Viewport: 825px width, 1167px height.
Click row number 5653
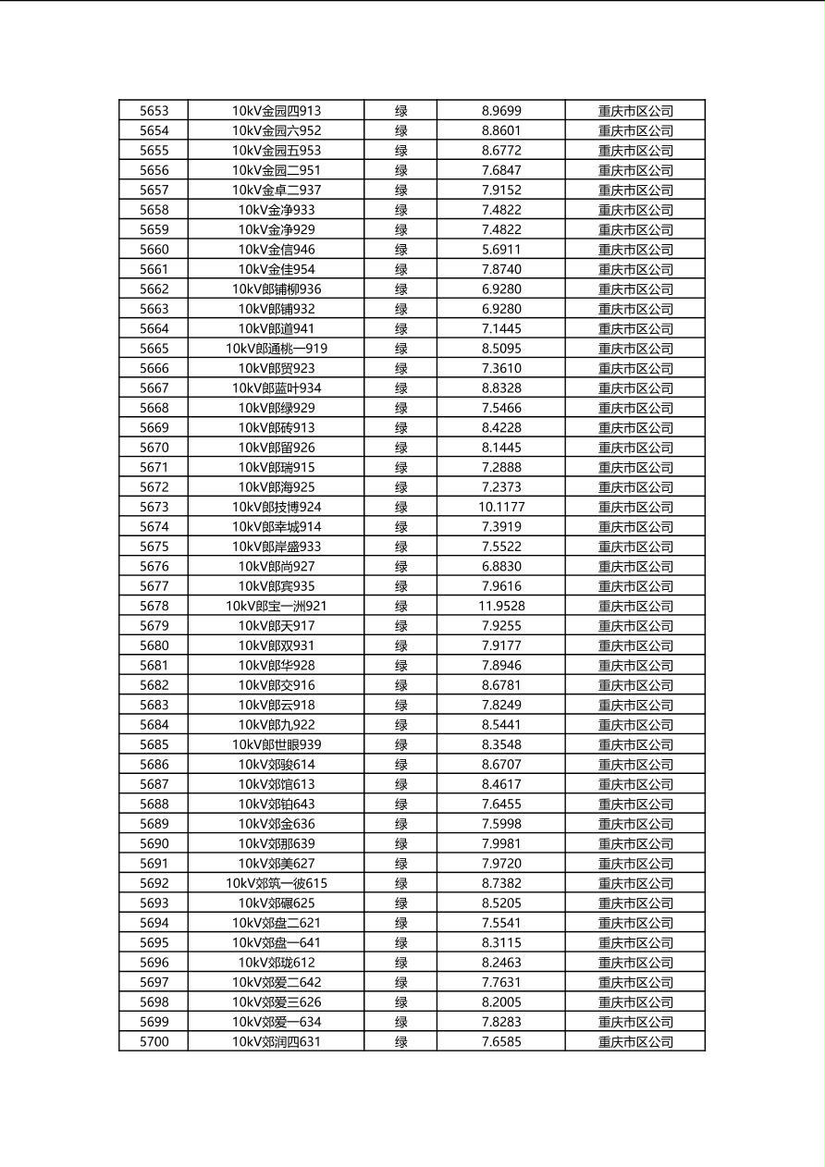(154, 111)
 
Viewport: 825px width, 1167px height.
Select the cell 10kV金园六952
(276, 130)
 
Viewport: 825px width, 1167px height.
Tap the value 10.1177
(501, 507)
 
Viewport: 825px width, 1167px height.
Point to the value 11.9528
(501, 606)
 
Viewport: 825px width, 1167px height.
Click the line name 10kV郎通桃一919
(276, 349)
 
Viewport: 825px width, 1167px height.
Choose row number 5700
(154, 1042)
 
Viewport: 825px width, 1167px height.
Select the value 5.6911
(501, 250)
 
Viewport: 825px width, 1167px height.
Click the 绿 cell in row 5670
(400, 448)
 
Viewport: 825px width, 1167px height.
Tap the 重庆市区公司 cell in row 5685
(635, 744)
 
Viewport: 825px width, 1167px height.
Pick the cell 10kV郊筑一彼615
(276, 883)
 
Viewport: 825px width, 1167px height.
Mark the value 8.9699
(501, 111)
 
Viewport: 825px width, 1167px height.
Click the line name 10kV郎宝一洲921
(276, 606)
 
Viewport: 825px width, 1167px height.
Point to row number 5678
(154, 606)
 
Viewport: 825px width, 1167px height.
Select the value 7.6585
(501, 1042)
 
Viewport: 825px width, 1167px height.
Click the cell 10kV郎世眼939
(276, 744)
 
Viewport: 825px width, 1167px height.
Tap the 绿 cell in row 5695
(400, 942)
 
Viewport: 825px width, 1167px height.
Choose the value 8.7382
(501, 883)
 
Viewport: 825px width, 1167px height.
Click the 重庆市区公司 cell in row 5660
(635, 250)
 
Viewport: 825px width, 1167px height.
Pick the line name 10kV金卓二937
(276, 190)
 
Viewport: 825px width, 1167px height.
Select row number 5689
(154, 824)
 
